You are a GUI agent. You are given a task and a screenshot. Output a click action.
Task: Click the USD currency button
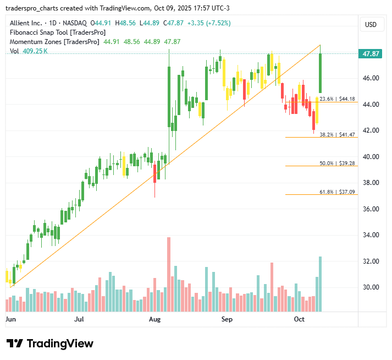[x=371, y=25]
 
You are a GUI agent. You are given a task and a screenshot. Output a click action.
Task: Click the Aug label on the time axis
[x=154, y=319]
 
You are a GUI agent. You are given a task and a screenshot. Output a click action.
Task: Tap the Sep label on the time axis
[x=227, y=319]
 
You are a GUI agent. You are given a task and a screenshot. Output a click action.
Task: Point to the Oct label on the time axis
[x=299, y=319]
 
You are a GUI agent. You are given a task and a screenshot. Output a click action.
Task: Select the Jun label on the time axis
[x=10, y=319]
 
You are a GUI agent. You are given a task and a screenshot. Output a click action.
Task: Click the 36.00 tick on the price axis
[x=371, y=209]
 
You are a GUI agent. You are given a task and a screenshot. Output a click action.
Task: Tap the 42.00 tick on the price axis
[x=371, y=130]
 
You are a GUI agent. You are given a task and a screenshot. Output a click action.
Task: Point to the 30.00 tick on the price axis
[x=371, y=287]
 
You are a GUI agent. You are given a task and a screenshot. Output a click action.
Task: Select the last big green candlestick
[x=320, y=73]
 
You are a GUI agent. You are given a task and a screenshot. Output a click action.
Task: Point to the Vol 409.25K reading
[x=29, y=51]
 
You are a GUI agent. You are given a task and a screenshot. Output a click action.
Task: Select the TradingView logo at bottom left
[x=50, y=343]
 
